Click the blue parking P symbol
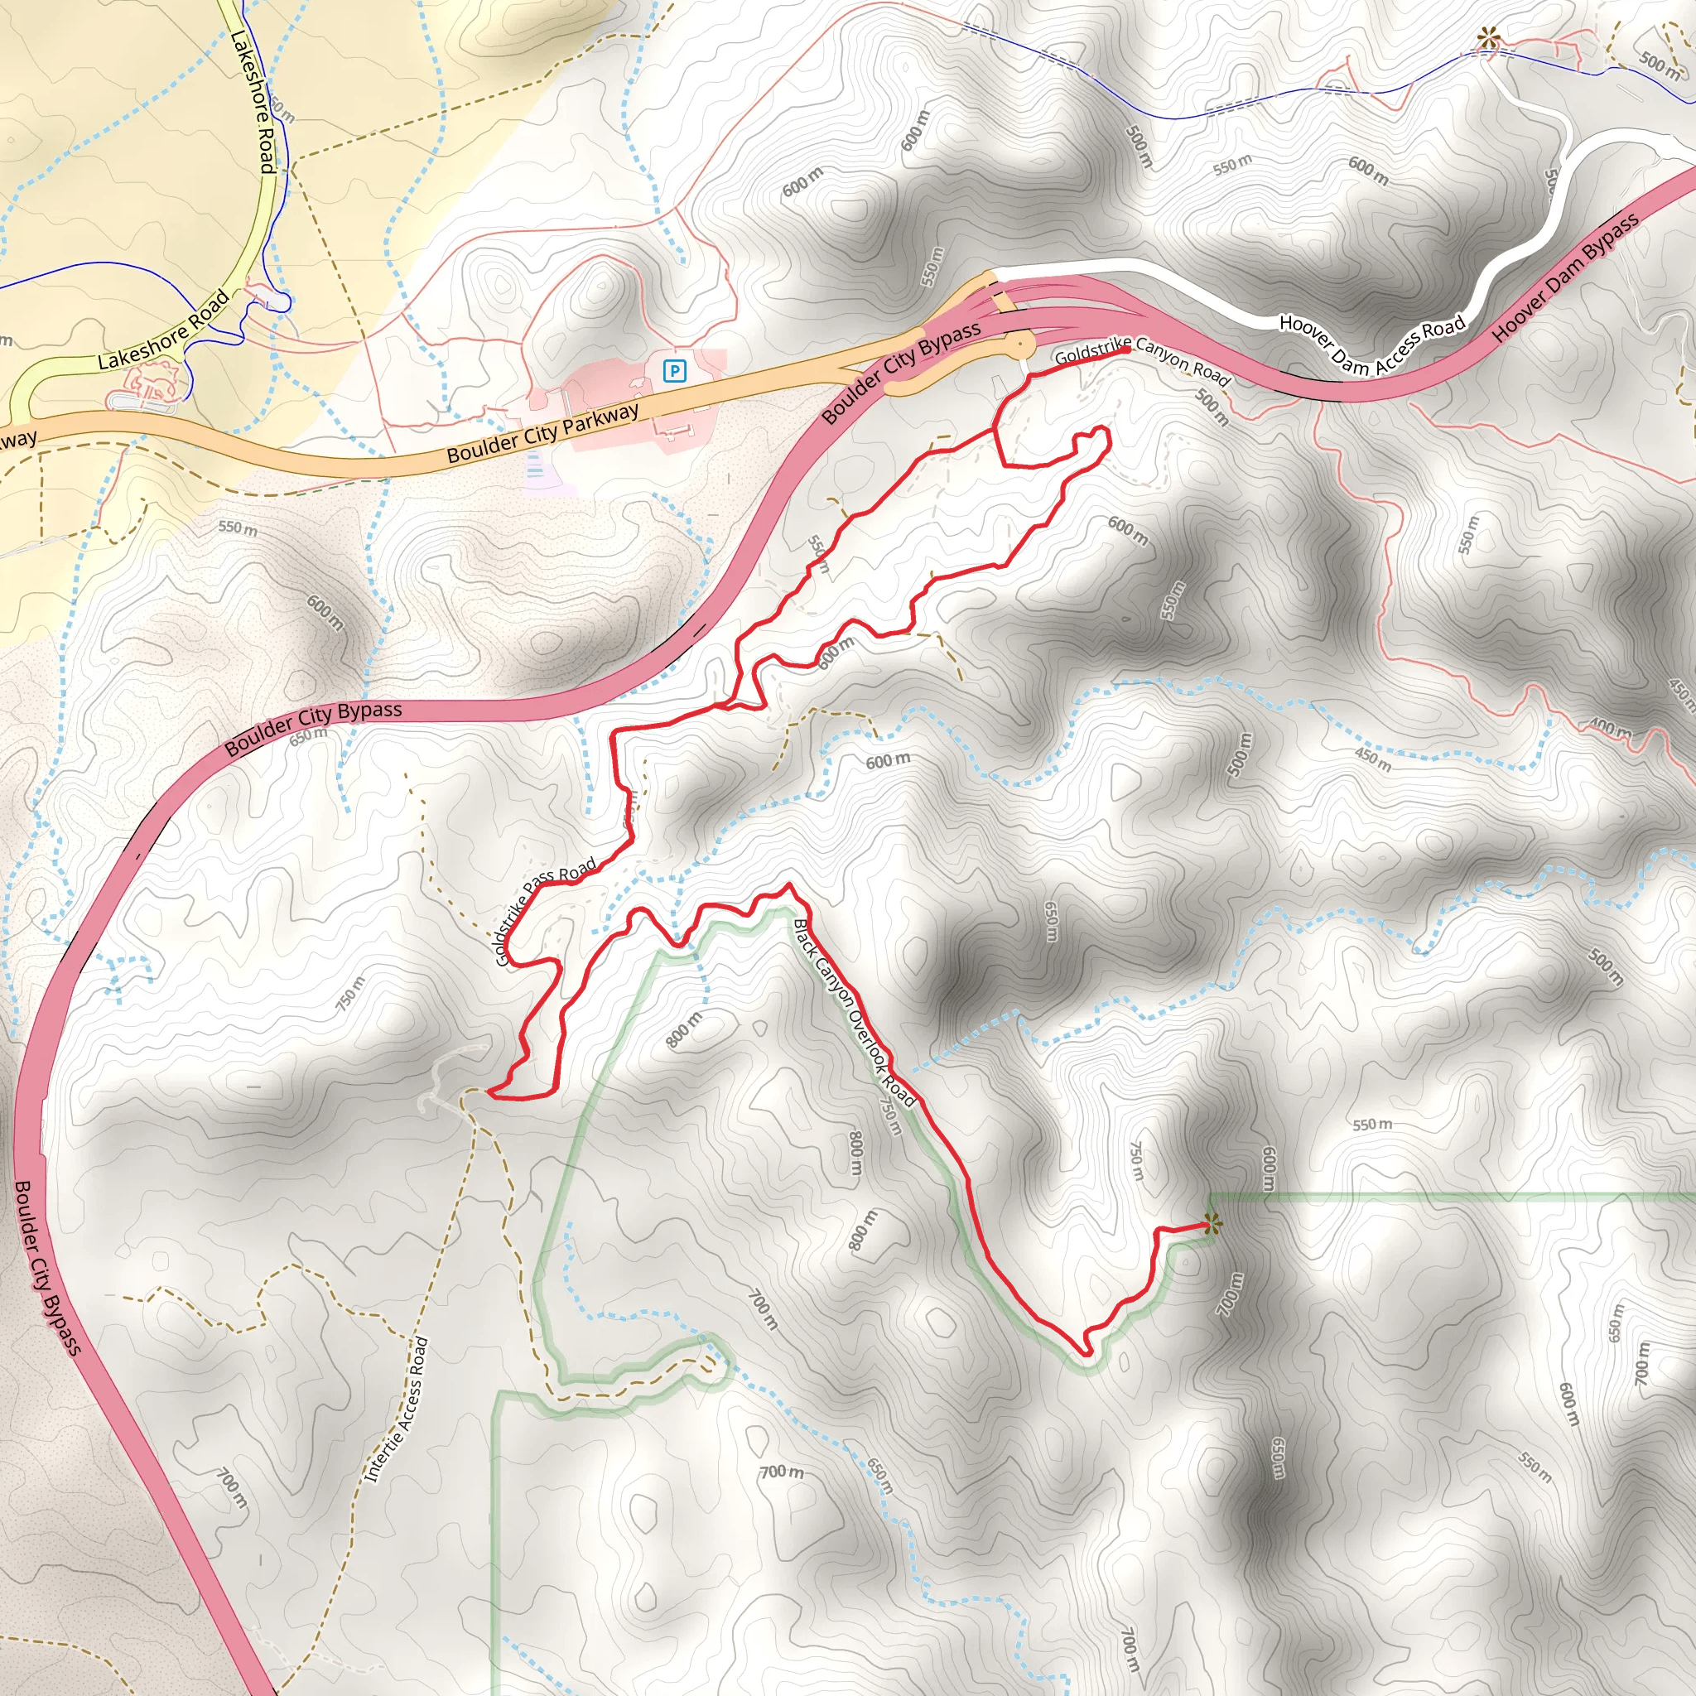coord(673,371)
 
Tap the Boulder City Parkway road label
coord(542,433)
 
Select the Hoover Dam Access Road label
coord(1371,344)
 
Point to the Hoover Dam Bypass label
coord(1565,277)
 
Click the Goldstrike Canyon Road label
coord(1142,360)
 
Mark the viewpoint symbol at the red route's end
coord(1212,1222)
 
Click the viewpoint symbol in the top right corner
coord(1486,39)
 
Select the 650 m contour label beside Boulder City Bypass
coord(308,735)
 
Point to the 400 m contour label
coord(1610,730)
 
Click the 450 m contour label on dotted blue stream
coord(1373,759)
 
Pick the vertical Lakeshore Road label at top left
coord(253,101)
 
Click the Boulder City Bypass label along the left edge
coord(47,1268)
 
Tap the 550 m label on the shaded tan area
coord(238,529)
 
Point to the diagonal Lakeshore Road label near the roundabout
coord(163,330)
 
